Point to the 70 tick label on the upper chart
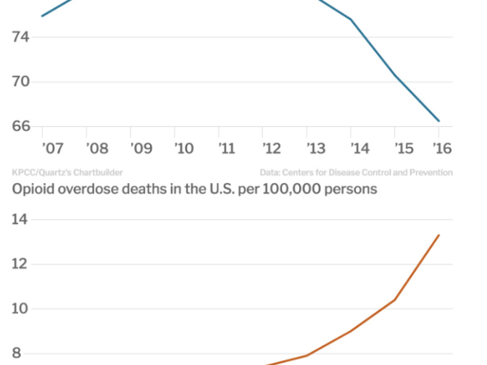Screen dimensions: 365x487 pyautogui.click(x=21, y=81)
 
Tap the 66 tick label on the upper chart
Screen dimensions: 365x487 pyautogui.click(x=21, y=126)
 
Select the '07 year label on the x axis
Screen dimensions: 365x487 pyautogui.click(x=53, y=148)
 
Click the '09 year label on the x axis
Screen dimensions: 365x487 pyautogui.click(x=141, y=148)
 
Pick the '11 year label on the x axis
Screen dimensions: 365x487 pyautogui.click(x=228, y=148)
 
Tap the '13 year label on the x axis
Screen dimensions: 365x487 pyautogui.click(x=316, y=148)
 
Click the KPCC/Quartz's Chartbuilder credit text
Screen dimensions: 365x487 pyautogui.click(x=67, y=172)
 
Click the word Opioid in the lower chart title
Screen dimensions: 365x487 pyautogui.click(x=35, y=190)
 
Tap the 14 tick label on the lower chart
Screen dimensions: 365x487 pyautogui.click(x=20, y=219)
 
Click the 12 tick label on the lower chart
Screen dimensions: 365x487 pyautogui.click(x=20, y=264)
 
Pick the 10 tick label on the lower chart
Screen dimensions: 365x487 pyautogui.click(x=20, y=309)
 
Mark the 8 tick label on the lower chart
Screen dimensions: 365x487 pyautogui.click(x=16, y=354)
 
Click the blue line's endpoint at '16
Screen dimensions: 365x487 pyautogui.click(x=438, y=121)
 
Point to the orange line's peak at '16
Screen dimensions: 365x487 pyautogui.click(x=438, y=235)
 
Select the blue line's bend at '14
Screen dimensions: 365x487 pyautogui.click(x=351, y=20)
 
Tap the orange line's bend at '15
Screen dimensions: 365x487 pyautogui.click(x=395, y=300)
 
